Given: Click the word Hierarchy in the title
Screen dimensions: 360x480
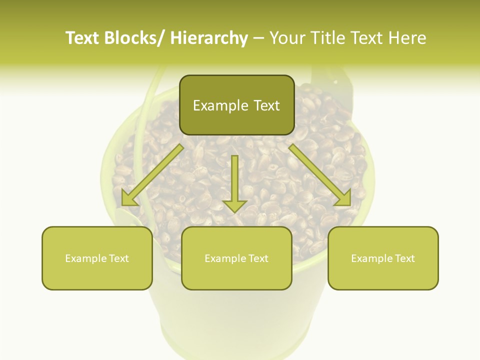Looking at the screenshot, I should coord(209,38).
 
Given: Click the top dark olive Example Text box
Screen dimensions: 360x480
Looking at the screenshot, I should coord(236,105).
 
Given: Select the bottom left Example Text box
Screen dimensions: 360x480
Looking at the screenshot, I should coord(97,258).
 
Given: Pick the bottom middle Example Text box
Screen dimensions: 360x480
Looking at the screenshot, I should coord(236,258).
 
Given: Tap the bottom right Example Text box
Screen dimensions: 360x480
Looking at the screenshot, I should coord(383,258).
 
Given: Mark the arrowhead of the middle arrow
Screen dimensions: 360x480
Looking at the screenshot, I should coord(234,205).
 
